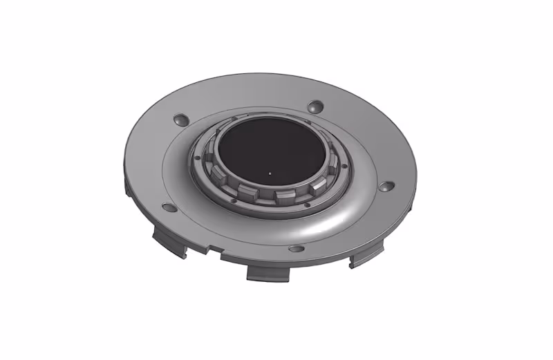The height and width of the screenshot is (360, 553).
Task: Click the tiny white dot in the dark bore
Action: point(269,173)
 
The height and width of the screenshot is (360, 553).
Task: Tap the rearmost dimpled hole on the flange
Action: point(315,106)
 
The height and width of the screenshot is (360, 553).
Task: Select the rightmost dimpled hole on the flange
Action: point(387,187)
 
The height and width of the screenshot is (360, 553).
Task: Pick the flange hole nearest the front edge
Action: point(296,248)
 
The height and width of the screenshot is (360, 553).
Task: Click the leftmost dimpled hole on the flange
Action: point(167,207)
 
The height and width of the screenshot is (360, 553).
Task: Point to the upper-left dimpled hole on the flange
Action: point(181,118)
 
